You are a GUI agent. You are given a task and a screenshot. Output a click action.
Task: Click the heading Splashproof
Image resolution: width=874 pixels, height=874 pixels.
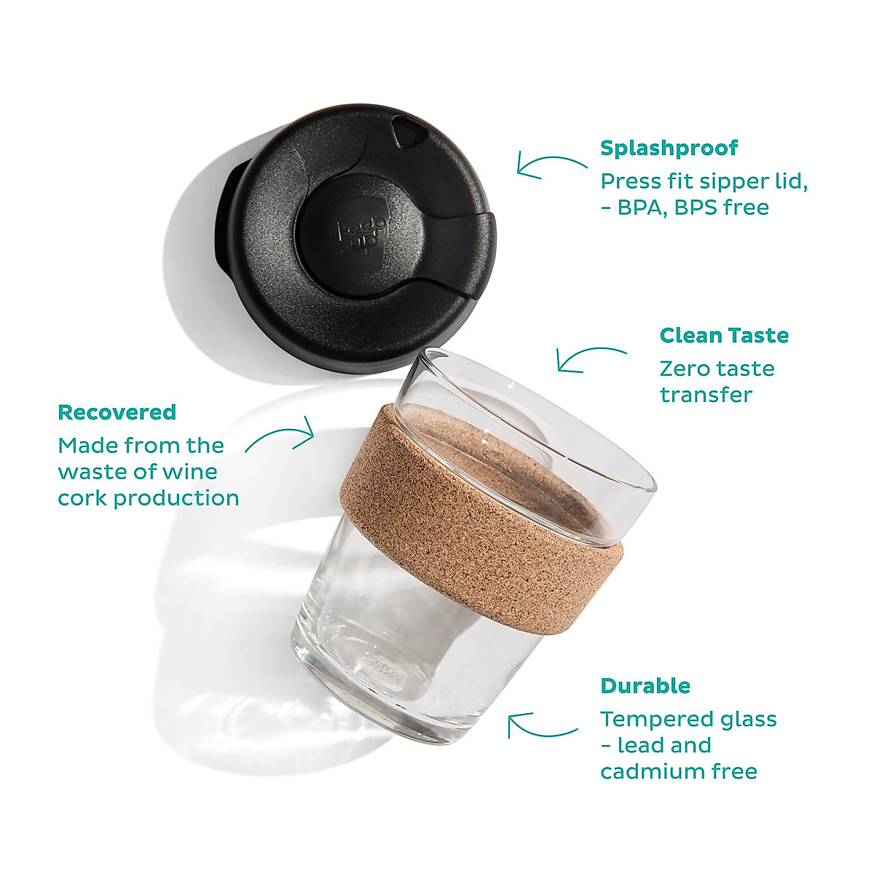tap(669, 148)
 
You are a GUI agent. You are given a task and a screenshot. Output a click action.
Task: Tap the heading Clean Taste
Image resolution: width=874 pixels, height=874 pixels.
tap(723, 335)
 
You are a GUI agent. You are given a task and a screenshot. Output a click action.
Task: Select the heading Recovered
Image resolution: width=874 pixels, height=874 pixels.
tap(117, 412)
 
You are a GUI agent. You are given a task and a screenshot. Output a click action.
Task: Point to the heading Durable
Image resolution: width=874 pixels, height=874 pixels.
tap(645, 686)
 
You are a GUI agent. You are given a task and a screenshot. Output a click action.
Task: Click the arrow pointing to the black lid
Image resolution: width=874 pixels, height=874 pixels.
tap(551, 165)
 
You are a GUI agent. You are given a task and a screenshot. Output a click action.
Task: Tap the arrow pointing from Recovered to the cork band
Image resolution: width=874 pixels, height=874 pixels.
tap(280, 436)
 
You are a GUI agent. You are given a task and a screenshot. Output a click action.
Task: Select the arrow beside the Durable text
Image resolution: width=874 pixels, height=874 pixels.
tap(542, 725)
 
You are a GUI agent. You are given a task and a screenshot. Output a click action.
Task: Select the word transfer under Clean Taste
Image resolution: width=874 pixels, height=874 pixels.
tap(705, 395)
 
